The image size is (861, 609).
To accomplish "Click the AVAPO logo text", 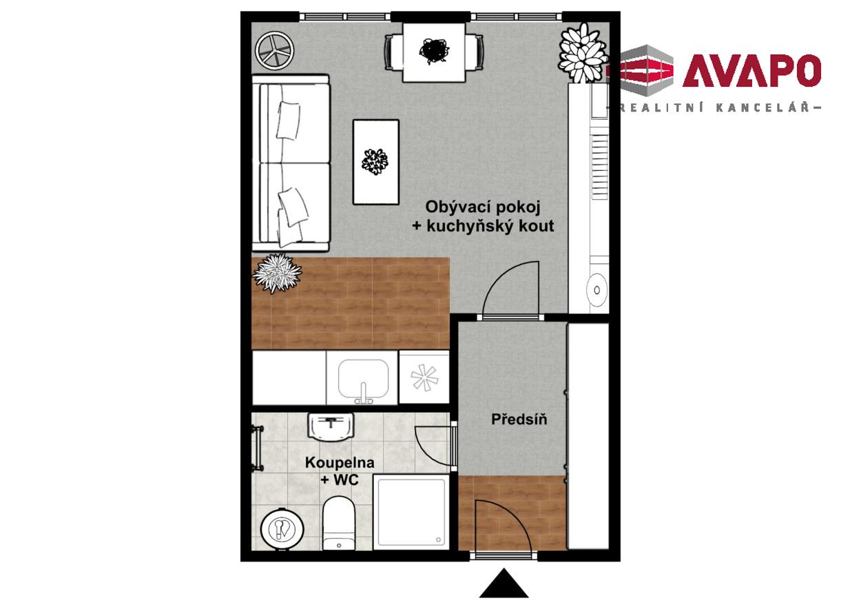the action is click(x=752, y=71).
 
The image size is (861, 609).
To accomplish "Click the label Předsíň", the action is click(x=519, y=420).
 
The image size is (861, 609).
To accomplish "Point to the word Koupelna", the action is click(x=340, y=462).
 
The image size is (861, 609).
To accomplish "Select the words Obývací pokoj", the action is click(x=483, y=207).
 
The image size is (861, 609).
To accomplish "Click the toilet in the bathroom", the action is click(x=339, y=524).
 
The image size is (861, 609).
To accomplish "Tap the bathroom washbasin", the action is click(x=331, y=427).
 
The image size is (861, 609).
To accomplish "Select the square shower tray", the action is click(x=411, y=512).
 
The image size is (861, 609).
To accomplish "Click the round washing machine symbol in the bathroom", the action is click(x=282, y=529).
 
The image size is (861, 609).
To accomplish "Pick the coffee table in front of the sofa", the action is click(x=376, y=162).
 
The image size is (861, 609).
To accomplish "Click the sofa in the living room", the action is click(x=291, y=163).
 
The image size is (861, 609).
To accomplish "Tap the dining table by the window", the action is click(x=435, y=52).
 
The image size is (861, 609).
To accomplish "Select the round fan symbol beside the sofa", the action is click(x=275, y=51).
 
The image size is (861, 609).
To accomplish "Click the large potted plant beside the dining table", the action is click(x=583, y=52).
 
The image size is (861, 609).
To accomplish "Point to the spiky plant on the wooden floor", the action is click(x=277, y=273).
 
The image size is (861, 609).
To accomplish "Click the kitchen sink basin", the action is click(x=363, y=380).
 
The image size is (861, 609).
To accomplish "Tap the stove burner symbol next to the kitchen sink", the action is click(x=424, y=377).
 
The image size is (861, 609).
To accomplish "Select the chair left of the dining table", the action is click(x=393, y=52).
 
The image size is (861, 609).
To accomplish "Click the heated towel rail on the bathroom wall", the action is click(x=257, y=448).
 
